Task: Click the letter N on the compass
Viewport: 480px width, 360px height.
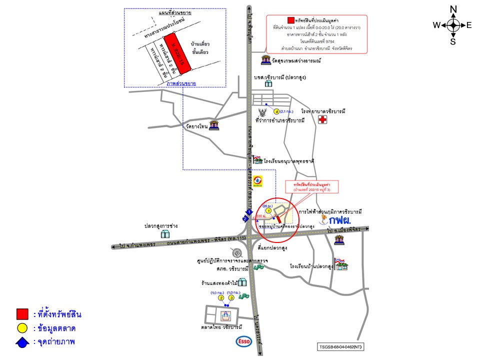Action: [x=453, y=9]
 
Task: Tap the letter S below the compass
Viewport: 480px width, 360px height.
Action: [x=453, y=41]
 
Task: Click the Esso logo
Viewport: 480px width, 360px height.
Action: [x=243, y=341]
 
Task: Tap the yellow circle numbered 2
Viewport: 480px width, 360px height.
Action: [x=221, y=298]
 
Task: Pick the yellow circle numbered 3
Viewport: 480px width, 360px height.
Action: [x=231, y=298]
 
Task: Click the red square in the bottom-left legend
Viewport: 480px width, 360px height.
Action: [x=22, y=314]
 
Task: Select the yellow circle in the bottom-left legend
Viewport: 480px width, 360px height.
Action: [x=22, y=328]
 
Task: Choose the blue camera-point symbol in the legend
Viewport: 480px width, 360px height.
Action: [x=22, y=342]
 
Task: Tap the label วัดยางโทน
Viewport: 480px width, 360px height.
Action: [x=195, y=127]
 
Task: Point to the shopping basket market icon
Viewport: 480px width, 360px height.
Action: [x=225, y=314]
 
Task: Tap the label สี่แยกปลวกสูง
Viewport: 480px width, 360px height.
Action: [x=272, y=247]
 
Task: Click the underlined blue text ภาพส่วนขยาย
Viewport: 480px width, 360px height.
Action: [x=181, y=83]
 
